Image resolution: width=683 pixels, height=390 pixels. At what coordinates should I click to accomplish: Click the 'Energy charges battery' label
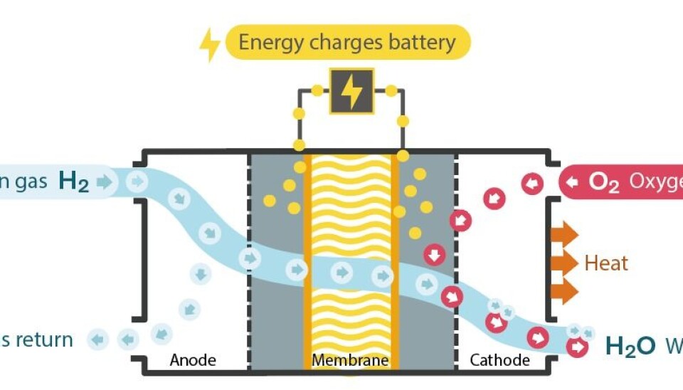point(347,42)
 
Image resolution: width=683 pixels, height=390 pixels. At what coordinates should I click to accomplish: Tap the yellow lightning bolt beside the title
point(209,43)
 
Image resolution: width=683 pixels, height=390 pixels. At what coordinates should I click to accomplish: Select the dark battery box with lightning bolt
point(351,91)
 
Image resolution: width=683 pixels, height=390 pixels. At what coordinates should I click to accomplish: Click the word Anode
point(192,360)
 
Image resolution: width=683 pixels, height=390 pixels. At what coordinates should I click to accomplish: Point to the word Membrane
point(350,360)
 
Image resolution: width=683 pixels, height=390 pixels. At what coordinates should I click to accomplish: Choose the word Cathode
point(500,360)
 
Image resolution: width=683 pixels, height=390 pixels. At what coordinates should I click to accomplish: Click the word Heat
point(606,263)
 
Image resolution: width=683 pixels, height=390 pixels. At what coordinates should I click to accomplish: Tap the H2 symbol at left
point(74,182)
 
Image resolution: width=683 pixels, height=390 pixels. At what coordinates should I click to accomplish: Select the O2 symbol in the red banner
point(605,182)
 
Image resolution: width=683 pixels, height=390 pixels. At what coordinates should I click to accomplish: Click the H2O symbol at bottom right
point(630,347)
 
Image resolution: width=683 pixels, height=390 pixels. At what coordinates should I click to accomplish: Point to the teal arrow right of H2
point(105,182)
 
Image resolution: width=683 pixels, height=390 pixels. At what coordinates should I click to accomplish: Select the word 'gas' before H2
point(33,182)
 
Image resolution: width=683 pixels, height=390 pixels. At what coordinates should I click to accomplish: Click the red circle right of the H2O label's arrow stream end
point(578,347)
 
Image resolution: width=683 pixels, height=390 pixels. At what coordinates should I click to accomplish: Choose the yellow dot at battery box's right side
point(391,91)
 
